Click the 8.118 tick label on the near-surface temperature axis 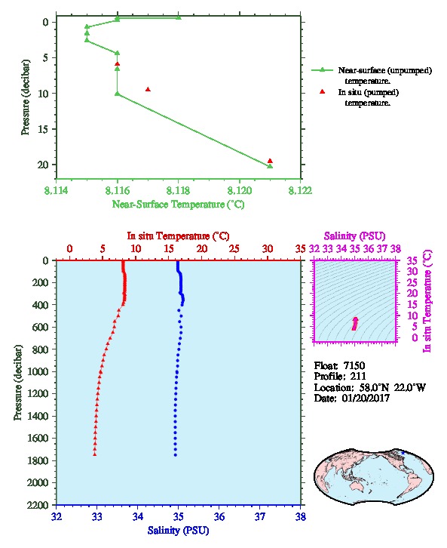click(x=179, y=190)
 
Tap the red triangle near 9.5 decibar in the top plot click(x=148, y=90)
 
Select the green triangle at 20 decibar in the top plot click(x=270, y=166)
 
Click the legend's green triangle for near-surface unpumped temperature click(x=323, y=70)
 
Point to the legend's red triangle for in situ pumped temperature click(x=323, y=91)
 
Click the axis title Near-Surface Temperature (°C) click(x=178, y=205)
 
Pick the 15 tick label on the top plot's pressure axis click(x=43, y=129)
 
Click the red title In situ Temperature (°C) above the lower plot click(x=178, y=236)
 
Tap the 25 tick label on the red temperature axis click(x=234, y=249)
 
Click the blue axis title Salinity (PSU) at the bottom click(x=179, y=531)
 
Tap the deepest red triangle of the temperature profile click(x=94, y=454)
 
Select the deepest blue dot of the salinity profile click(x=175, y=455)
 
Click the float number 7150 click(x=354, y=366)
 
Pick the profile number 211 click(x=358, y=377)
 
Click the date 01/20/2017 click(x=366, y=398)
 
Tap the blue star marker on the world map click(x=403, y=453)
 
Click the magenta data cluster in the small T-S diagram click(x=355, y=324)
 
